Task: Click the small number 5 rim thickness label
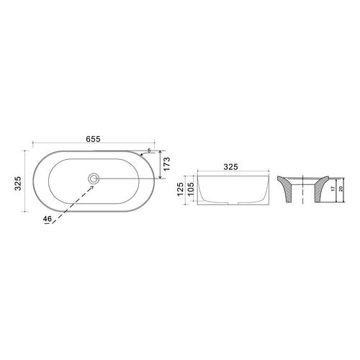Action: [148, 151]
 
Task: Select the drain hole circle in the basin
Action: [94, 178]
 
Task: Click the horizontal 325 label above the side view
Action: [230, 166]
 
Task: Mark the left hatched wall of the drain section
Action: [286, 192]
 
